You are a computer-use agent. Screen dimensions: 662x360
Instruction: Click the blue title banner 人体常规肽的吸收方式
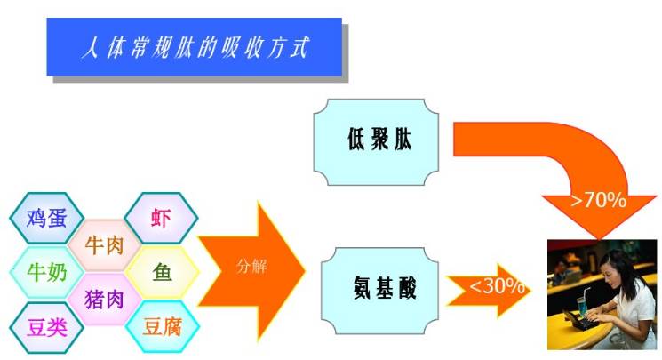coord(194,46)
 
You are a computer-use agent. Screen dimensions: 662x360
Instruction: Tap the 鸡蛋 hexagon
coord(46,218)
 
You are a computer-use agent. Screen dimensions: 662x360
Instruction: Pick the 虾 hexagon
coord(161,218)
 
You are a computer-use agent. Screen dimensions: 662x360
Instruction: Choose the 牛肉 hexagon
coord(104,244)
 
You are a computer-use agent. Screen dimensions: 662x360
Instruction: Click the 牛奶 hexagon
coord(46,272)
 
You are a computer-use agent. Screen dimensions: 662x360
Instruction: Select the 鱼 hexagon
coord(162,272)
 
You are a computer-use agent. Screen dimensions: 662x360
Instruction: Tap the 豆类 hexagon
coord(46,327)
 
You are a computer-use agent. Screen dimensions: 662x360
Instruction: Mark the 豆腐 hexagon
coord(162,327)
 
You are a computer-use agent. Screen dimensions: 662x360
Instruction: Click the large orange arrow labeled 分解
coord(253,267)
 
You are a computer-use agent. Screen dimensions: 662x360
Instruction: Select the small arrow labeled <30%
coord(491,288)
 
